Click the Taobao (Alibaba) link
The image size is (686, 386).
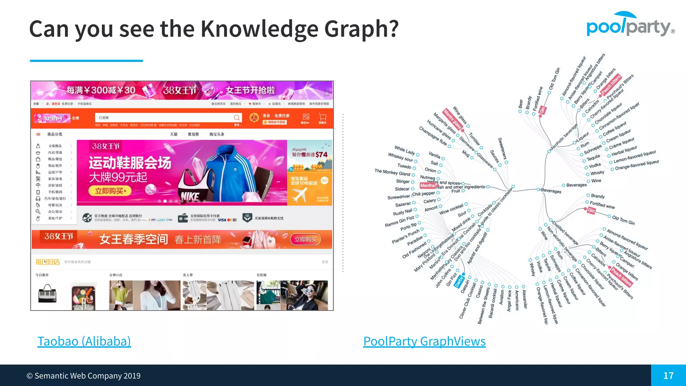pos(84,341)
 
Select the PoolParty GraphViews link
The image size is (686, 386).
pos(424,341)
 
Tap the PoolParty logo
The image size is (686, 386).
pos(630,25)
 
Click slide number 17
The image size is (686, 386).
pos(668,376)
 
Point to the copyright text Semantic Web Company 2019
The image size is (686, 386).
pos(84,376)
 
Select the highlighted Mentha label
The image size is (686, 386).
pos(427,186)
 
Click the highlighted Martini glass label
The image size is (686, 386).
pos(452,119)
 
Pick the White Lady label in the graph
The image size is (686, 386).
pos(405,150)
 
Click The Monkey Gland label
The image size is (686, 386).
pos(392,172)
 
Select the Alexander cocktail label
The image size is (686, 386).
pos(525,299)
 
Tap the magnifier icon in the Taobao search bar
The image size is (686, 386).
pos(237,118)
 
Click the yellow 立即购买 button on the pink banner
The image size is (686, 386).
pos(110,191)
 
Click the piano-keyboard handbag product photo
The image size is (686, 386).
pos(47,294)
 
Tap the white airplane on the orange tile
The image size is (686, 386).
pos(299,194)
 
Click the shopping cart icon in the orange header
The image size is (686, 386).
pos(323,117)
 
